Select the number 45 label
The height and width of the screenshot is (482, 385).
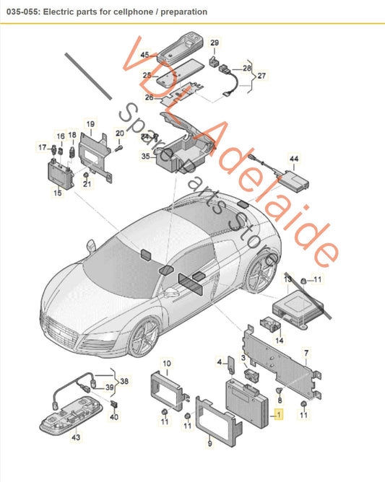(x=144, y=55)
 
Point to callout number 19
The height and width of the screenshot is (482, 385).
(x=90, y=124)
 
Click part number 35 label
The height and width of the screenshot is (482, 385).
(x=145, y=155)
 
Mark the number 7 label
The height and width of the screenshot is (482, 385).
(x=306, y=353)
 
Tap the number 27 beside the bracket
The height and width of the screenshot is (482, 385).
(x=261, y=75)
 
